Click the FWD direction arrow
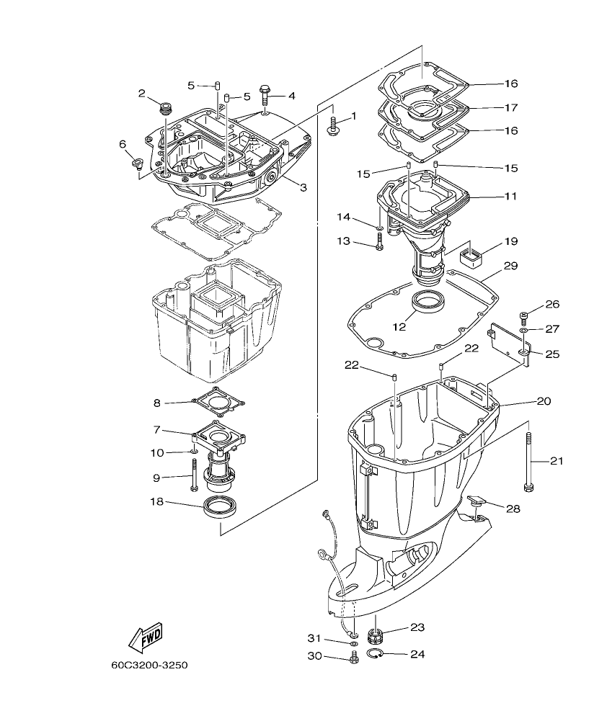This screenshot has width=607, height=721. (x=145, y=636)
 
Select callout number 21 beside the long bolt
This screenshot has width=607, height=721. (x=557, y=461)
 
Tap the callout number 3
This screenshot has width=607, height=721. (x=303, y=187)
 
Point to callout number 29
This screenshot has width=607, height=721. (x=510, y=266)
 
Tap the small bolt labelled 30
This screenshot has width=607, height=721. (x=353, y=657)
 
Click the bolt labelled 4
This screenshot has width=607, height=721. (x=266, y=97)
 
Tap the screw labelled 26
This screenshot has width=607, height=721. (x=524, y=315)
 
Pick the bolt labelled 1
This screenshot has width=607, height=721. (x=334, y=127)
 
